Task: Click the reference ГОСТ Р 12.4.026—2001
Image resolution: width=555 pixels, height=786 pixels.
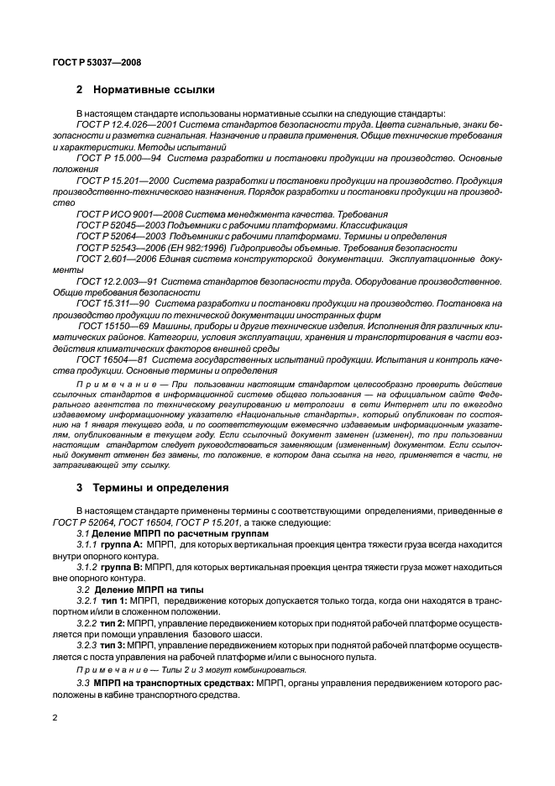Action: tap(122, 124)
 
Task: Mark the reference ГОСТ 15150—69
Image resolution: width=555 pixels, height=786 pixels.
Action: tap(110, 323)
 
